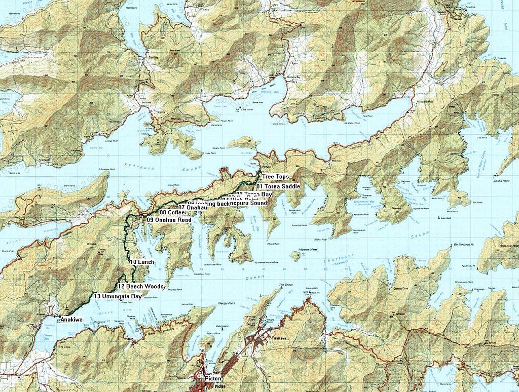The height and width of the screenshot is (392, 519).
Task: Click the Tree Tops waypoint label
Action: [x=276, y=177]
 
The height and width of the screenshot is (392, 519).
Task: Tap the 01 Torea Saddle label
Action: [x=278, y=186]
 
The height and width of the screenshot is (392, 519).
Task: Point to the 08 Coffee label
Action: [x=172, y=213]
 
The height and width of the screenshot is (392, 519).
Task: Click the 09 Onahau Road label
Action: [x=169, y=220]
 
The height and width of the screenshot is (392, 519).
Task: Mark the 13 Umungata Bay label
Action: [x=118, y=296]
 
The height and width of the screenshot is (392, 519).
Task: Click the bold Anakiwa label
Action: [x=71, y=320]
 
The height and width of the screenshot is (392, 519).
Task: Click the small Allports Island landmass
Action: [x=295, y=256]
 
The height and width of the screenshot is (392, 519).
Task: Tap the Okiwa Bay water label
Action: [x=43, y=338]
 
